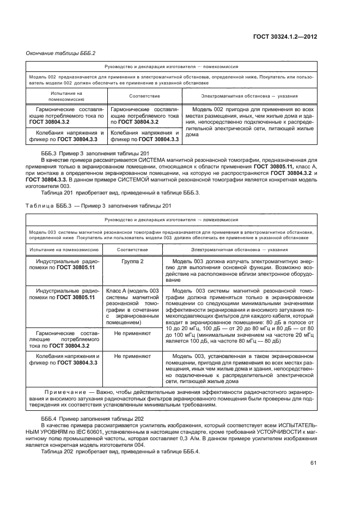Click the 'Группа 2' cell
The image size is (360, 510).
click(132, 262)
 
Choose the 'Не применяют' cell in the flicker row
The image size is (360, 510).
click(132, 355)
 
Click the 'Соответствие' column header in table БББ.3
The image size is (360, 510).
click(132, 249)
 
